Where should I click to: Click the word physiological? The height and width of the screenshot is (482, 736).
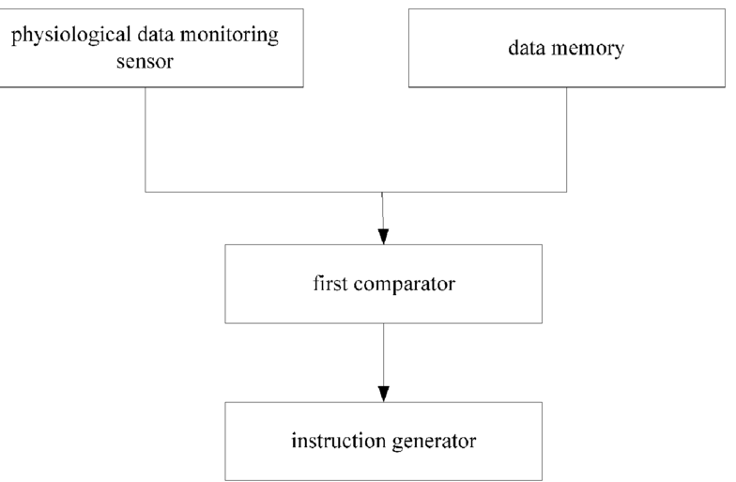point(71,36)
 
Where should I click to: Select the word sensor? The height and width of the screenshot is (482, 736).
point(145,62)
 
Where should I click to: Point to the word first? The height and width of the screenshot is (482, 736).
point(330,284)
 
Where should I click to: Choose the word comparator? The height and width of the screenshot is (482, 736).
point(405,285)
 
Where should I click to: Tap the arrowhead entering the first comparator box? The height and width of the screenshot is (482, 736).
point(383,237)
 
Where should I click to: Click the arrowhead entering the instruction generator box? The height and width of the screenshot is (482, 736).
point(383,395)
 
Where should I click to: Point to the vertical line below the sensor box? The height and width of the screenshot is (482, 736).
point(145,139)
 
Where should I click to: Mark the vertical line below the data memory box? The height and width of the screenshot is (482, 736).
point(567,139)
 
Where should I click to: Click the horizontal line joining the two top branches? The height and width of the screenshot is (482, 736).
point(356,192)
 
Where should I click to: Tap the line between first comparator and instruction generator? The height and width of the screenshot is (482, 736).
point(383,363)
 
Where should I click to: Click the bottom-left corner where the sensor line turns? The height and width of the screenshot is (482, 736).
point(145,192)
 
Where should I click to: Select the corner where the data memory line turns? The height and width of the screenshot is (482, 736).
point(567,192)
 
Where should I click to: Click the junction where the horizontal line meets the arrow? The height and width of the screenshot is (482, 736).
point(382,192)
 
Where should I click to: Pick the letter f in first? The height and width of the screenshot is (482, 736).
point(317,283)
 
